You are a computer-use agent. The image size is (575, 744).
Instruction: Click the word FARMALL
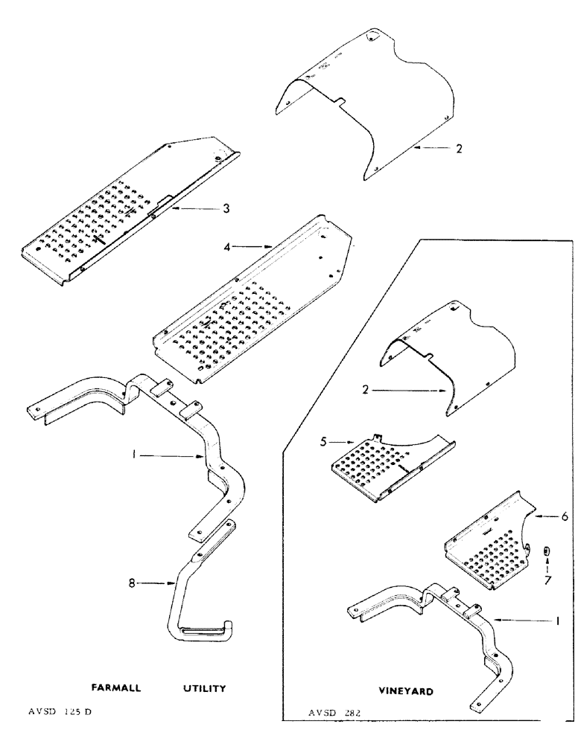[x=117, y=688]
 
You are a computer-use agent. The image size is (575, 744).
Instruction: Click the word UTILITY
[x=204, y=688]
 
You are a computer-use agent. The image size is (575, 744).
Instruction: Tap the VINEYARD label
[x=405, y=691]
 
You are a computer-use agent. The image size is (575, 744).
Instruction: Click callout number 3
[x=226, y=208]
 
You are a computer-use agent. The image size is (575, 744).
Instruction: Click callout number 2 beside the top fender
[x=460, y=148]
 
